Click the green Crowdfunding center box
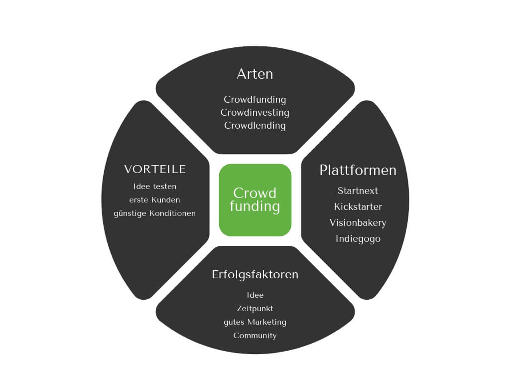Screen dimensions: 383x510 [x=255, y=199]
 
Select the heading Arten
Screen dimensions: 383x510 [x=255, y=74]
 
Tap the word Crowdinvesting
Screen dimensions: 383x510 [x=255, y=113]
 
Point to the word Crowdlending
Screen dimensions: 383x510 [x=255, y=126]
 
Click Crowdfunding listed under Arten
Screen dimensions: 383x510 [x=255, y=100]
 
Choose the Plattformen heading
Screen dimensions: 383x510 [x=358, y=170]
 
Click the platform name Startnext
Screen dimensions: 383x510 [x=358, y=191]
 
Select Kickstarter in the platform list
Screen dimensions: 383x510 [x=358, y=206]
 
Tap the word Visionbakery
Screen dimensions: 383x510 [x=358, y=222]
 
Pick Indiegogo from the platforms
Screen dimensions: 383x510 [x=358, y=239]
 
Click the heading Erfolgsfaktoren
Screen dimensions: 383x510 [x=255, y=274]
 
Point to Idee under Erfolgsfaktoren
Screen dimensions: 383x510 [x=255, y=295]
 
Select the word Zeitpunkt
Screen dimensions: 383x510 [x=255, y=309]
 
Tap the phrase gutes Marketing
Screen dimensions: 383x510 [x=255, y=322]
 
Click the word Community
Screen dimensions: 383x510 [x=255, y=336]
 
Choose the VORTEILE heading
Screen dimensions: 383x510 [x=155, y=170]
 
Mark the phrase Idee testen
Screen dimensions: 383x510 [x=155, y=187]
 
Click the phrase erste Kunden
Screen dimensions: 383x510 [x=155, y=200]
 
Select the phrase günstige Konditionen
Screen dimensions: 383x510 [x=155, y=213]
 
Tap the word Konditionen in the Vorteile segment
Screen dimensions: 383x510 [x=172, y=213]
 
